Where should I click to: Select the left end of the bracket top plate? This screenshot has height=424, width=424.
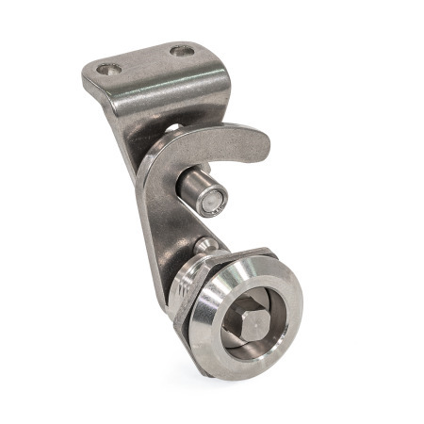tap(90, 75)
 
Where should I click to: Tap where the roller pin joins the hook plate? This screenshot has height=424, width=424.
tap(181, 184)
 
